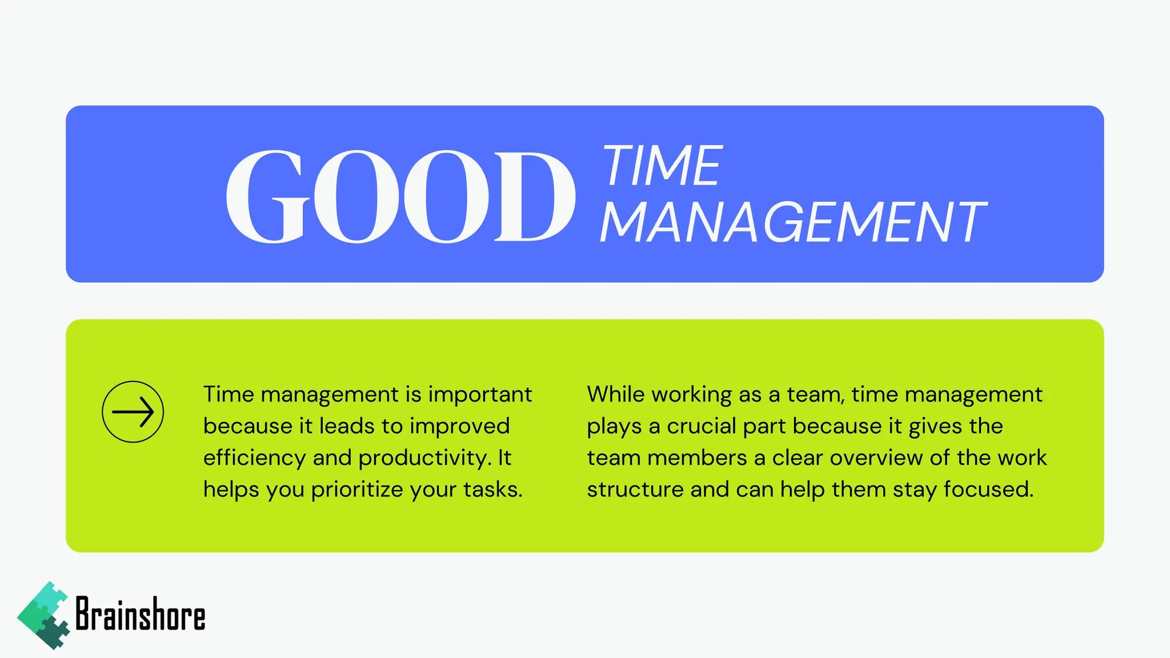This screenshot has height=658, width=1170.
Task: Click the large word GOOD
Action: point(400,196)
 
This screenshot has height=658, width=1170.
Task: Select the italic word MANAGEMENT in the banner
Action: point(793,223)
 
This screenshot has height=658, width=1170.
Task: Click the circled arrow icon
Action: point(133,412)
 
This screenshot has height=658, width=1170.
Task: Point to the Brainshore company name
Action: point(141,615)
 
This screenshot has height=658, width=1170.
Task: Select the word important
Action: point(480,395)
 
